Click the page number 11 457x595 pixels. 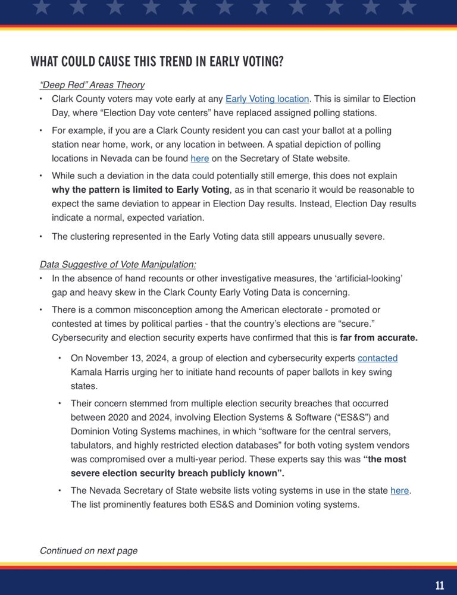[440, 585]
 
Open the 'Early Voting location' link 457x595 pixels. [267, 99]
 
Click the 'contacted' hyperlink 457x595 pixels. [377, 358]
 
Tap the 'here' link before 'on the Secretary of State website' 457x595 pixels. [199, 158]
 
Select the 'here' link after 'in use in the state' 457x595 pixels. [400, 491]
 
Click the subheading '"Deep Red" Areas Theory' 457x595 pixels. [92, 85]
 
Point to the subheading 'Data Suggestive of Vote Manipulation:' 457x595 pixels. [118, 264]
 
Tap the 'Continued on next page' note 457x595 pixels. [89, 551]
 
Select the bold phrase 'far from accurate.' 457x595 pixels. [378, 338]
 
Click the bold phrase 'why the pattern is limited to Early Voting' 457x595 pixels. [140, 190]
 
